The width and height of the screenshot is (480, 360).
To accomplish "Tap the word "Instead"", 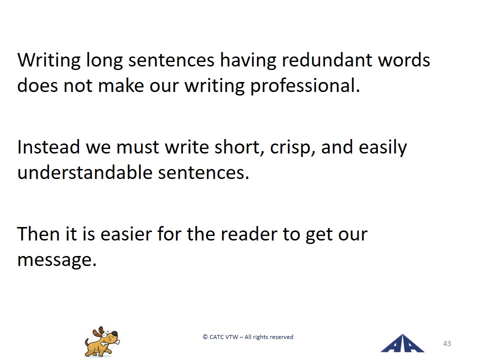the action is pos(49,147).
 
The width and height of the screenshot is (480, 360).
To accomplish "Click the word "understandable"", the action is pos(85,172).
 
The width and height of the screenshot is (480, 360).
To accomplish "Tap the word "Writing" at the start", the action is pos(49,60).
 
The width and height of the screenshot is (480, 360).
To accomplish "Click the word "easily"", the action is pos(382,147).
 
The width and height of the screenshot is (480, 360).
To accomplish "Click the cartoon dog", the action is pos(102,342).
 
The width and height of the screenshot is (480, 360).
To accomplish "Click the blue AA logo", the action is pos(402,343).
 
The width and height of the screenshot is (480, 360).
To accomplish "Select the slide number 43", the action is pos(447,343).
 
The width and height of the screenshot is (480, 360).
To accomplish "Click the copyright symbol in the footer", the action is pos(205,337).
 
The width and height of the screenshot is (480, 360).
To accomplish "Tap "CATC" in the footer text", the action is pos(216,337).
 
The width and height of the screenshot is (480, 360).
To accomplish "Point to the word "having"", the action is pos(248,60).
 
